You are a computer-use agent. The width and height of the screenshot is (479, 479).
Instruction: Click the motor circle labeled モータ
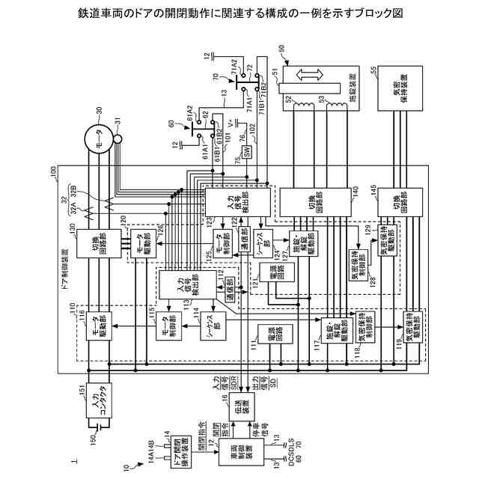[98, 135]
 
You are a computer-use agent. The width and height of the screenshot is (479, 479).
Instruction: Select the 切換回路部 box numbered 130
[99, 241]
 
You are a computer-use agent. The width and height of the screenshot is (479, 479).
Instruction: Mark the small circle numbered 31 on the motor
[118, 139]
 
